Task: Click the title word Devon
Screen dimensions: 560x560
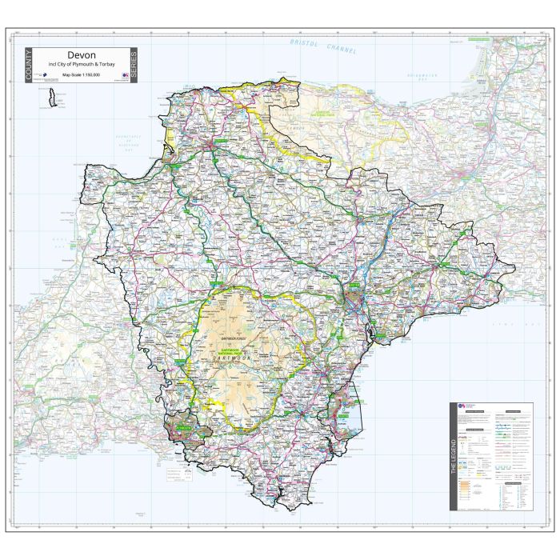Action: click(x=82, y=55)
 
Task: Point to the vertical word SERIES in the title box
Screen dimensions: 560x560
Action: click(x=134, y=66)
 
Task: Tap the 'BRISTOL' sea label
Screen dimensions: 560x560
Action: click(x=306, y=44)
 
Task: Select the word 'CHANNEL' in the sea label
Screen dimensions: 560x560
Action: click(x=341, y=50)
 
